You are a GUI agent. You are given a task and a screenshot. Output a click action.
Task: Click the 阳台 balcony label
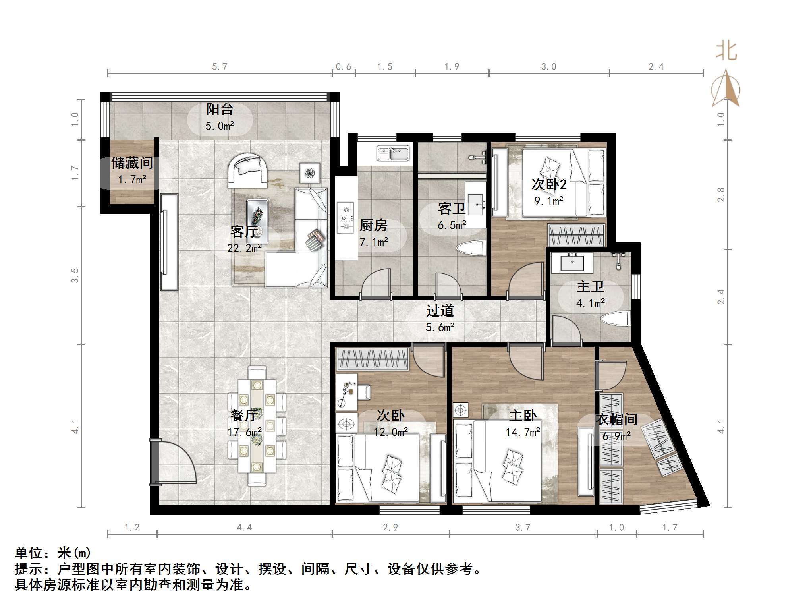[220, 109]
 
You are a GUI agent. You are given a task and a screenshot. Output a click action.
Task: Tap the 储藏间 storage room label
[132, 162]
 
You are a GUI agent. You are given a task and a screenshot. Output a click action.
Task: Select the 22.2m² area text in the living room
[245, 248]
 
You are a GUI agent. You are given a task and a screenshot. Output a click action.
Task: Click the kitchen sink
[393, 154]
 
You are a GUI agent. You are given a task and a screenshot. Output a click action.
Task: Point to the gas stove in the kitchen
[345, 217]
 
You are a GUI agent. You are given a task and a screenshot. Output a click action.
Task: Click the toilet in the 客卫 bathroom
[471, 248]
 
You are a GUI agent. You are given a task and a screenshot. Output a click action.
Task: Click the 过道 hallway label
[440, 311]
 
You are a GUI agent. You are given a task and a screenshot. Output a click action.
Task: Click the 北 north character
[726, 52]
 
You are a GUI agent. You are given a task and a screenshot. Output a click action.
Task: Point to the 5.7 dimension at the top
[220, 66]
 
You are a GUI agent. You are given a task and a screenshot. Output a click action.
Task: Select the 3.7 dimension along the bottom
[523, 527]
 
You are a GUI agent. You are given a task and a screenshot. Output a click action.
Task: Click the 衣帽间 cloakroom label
[616, 419]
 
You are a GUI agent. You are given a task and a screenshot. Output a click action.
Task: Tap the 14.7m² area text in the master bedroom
[523, 432]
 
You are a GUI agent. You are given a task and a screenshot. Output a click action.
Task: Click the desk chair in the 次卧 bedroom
[364, 391]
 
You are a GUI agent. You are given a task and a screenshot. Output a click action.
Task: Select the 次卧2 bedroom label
[549, 184]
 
